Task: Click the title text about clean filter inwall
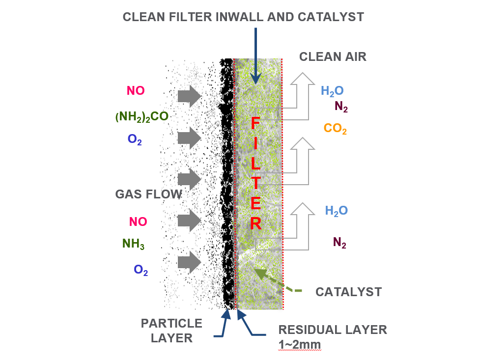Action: [243, 17]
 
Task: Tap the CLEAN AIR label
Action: [333, 56]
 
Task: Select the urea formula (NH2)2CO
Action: [142, 117]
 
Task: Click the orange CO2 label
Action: [335, 129]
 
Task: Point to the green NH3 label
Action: [133, 244]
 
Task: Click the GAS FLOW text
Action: [148, 194]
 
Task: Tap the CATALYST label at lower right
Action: [348, 292]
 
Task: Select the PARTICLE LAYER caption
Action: [171, 330]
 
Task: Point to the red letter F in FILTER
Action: [255, 123]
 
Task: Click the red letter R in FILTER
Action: [256, 223]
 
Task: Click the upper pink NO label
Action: [136, 90]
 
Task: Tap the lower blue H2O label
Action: [336, 211]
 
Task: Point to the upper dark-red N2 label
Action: [341, 107]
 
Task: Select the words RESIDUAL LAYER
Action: [333, 330]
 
